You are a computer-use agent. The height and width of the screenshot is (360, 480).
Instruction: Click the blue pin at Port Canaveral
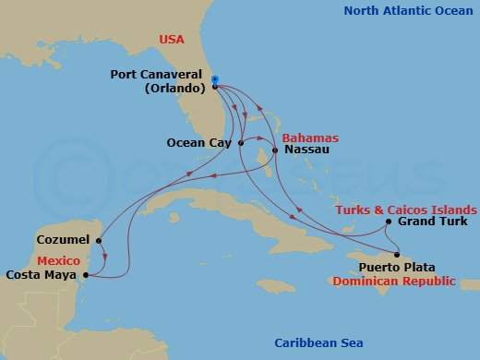[x=214, y=80]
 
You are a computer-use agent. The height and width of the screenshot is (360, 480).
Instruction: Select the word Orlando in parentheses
[x=174, y=90]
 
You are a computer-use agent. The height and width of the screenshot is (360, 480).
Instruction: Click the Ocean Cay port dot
[x=240, y=143]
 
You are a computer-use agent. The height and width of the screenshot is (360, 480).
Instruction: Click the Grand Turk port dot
[x=389, y=222]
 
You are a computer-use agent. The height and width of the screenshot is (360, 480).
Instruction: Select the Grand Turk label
[x=432, y=222]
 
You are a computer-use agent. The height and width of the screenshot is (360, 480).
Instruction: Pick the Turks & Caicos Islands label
[x=406, y=210]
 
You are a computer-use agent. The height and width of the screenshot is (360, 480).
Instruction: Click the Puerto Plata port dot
[x=397, y=255]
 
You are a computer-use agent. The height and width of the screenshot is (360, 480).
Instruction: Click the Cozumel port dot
[x=98, y=240]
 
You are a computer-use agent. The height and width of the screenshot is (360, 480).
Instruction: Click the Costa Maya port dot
[x=85, y=274]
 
